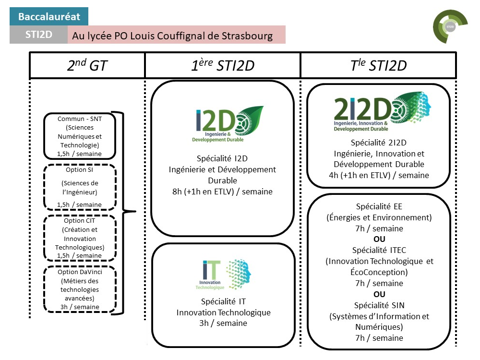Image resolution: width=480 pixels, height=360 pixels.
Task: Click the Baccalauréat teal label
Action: coord(49,17)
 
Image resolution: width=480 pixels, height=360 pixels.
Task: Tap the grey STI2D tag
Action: coord(39,35)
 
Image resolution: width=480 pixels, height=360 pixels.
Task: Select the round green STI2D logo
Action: coord(450,27)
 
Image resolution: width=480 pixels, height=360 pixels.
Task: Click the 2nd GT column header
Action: coord(87,65)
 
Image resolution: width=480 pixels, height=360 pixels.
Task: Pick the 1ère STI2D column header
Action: coord(222,65)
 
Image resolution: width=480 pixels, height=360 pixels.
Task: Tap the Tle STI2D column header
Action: coord(378,65)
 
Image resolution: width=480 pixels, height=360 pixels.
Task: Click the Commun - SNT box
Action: coord(80,136)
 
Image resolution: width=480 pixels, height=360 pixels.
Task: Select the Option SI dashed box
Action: coord(80,187)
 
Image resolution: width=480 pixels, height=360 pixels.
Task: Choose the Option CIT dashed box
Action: coord(80,238)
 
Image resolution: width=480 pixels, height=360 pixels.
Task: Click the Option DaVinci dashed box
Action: coord(80,289)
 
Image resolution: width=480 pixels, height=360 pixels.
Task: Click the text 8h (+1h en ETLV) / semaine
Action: coord(222,192)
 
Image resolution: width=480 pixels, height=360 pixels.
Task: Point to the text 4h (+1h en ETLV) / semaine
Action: coord(378,175)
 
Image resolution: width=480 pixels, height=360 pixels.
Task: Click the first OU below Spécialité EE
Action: coord(379,239)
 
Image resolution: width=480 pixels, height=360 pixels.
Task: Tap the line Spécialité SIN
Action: coord(379,305)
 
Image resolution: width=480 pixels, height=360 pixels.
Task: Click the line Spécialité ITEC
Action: coord(379,250)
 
